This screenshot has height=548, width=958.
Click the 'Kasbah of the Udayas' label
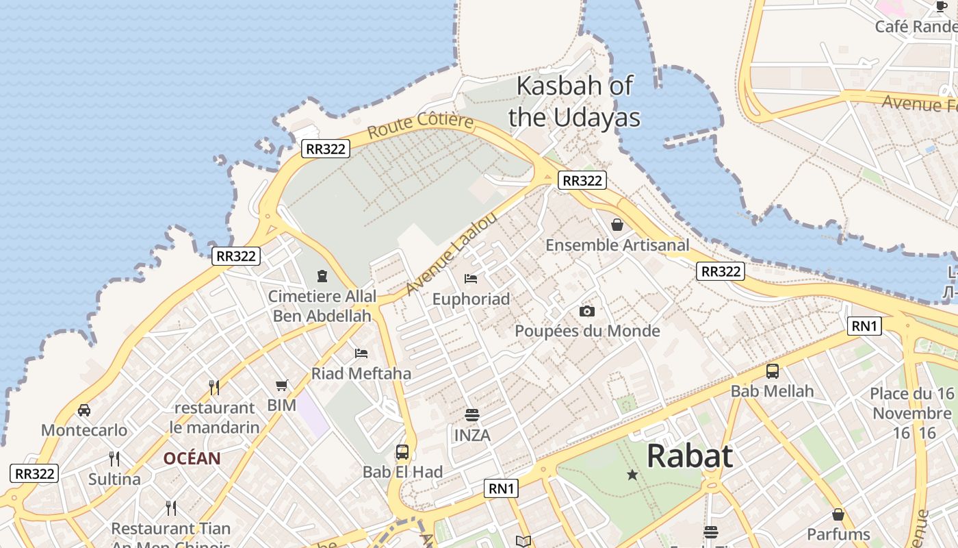click(x=575, y=101)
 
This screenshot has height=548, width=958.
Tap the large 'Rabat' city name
click(x=689, y=456)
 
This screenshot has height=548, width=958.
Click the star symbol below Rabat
click(x=632, y=475)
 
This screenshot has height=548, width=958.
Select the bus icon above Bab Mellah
click(x=773, y=371)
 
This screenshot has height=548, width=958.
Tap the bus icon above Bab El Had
click(x=402, y=452)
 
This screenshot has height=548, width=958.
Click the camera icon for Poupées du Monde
click(x=586, y=312)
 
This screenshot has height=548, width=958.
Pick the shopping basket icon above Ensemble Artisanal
click(x=617, y=225)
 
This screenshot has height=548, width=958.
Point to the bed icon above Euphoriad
click(x=471, y=279)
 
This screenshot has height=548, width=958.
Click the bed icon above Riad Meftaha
click(x=361, y=353)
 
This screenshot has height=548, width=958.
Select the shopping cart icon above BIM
click(x=282, y=386)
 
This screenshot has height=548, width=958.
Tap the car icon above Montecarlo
click(x=84, y=410)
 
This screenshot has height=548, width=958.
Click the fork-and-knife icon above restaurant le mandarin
click(x=214, y=388)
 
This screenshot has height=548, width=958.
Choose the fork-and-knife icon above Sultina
click(x=114, y=459)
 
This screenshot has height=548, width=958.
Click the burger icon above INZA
click(x=471, y=415)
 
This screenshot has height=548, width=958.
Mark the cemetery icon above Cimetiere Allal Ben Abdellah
click(x=322, y=276)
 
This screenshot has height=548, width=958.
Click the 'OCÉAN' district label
click(x=192, y=459)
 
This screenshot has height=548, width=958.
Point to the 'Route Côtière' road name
click(x=420, y=126)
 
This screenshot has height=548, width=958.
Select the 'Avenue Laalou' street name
click(x=450, y=254)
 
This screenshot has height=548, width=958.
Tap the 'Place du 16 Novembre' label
click(x=912, y=404)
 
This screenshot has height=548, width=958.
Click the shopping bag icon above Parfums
click(x=838, y=514)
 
